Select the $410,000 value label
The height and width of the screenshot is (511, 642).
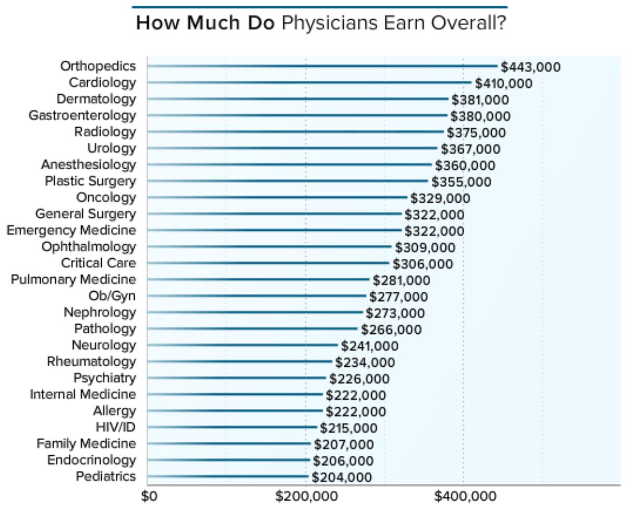pyautogui.click(x=503, y=83)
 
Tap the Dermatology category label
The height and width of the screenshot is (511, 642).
pyautogui.click(x=96, y=99)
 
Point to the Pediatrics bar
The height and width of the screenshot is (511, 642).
pyautogui.click(x=227, y=476)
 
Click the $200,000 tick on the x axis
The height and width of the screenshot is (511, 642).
pyautogui.click(x=306, y=496)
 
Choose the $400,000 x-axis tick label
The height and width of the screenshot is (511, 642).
pyautogui.click(x=465, y=496)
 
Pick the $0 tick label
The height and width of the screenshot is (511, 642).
pyautogui.click(x=149, y=496)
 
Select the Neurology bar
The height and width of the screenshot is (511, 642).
pyautogui.click(x=243, y=345)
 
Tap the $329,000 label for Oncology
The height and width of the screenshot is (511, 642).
pyautogui.click(x=440, y=198)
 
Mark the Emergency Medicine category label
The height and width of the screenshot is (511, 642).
pyautogui.click(x=71, y=230)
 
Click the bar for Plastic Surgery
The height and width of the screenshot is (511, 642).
pyautogui.click(x=287, y=181)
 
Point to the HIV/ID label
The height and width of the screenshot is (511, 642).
pyautogui.click(x=115, y=427)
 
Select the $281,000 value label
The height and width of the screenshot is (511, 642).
pyautogui.click(x=401, y=281)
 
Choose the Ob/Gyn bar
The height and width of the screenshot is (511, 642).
pyautogui.click(x=257, y=296)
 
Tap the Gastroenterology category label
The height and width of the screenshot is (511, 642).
pyautogui.click(x=82, y=115)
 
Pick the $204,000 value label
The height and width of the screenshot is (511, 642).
pyautogui.click(x=342, y=477)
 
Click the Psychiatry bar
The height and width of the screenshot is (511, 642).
pyautogui.click(x=237, y=378)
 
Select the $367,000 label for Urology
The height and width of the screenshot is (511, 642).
pyautogui.click(x=470, y=149)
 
